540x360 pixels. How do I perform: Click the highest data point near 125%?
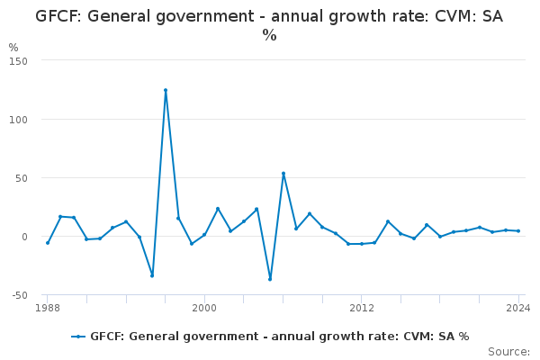166,90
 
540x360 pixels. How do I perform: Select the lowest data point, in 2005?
270,279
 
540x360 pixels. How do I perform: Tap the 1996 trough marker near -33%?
152,275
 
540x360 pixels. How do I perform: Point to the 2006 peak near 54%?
283,174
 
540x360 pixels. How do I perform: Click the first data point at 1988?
48,243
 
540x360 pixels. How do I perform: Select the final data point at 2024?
518,231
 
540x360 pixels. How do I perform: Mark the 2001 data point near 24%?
218,209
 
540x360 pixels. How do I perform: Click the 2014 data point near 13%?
388,221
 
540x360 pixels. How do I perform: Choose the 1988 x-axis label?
48,308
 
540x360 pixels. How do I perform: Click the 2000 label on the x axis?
204,308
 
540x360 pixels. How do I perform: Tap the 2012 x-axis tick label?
362,308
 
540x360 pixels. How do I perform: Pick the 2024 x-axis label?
517,308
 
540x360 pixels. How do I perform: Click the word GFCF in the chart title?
59,16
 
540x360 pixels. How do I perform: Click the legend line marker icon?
79,337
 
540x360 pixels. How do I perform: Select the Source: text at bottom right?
508,352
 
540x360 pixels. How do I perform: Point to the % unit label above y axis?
13,48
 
